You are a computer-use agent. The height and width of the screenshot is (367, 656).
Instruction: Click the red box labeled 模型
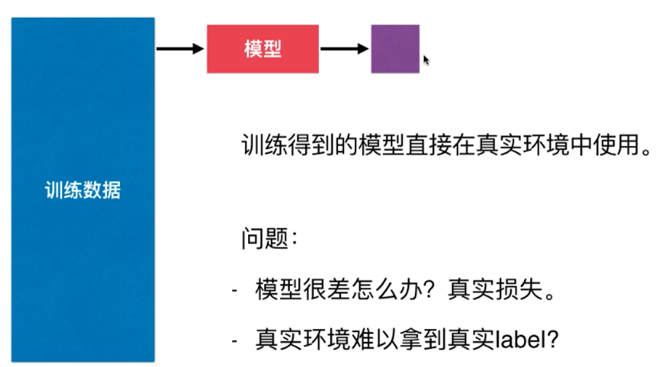262,49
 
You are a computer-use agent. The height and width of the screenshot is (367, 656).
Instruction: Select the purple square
395,49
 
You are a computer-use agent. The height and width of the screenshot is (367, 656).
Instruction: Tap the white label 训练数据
83,190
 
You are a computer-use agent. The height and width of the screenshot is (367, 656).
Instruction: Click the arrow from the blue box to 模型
180,49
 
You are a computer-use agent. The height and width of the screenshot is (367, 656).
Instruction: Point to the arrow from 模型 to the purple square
344,49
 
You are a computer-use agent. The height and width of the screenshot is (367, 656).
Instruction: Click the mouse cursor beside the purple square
426,60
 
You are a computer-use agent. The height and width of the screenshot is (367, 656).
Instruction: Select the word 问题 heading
265,238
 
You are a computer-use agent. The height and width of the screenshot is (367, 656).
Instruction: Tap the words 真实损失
495,290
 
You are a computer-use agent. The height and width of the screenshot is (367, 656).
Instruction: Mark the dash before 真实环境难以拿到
234,341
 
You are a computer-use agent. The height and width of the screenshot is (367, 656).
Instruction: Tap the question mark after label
551,339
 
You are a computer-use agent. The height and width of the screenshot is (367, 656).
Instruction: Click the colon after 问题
295,238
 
